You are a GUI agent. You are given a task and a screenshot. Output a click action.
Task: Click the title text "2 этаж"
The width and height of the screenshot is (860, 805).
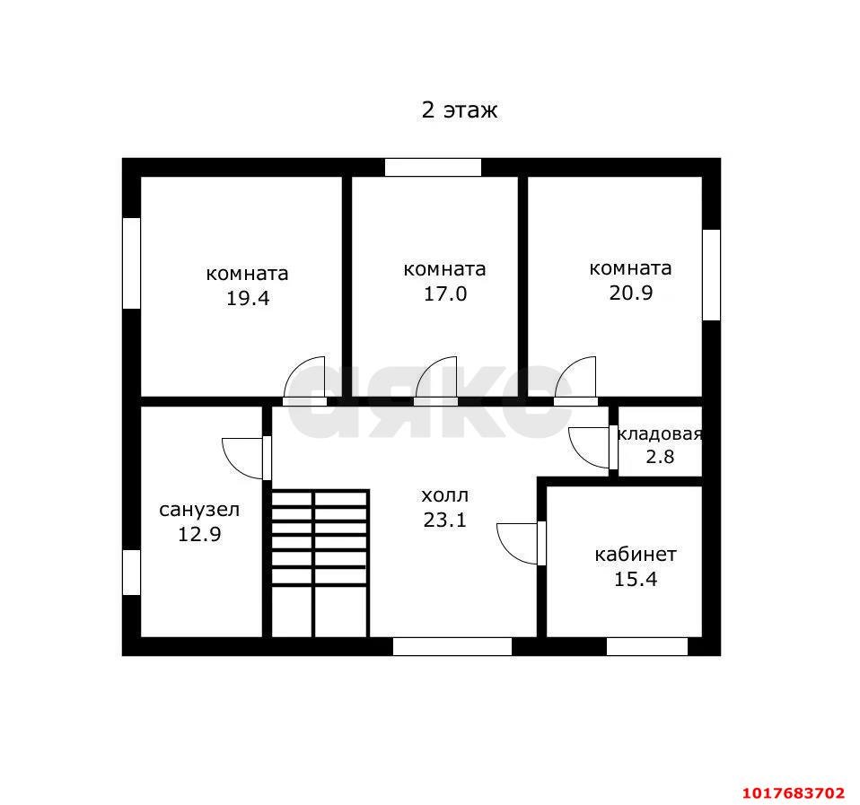pyautogui.click(x=459, y=110)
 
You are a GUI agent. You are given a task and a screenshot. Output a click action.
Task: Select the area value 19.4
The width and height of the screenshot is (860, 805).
pyautogui.click(x=248, y=298)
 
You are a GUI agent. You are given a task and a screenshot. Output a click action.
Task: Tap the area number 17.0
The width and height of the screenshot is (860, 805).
pyautogui.click(x=444, y=294)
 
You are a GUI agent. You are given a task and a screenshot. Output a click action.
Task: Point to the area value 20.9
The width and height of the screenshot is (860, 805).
pyautogui.click(x=631, y=293)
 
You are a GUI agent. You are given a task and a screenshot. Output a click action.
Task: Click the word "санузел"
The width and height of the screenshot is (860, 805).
pyautogui.click(x=199, y=510)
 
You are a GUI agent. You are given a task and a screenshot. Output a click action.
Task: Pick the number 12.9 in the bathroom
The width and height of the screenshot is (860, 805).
pyautogui.click(x=199, y=534)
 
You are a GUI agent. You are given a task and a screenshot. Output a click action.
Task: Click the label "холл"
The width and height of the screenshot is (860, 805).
pyautogui.click(x=444, y=495)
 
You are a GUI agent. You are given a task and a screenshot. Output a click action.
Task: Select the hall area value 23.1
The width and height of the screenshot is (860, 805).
pyautogui.click(x=444, y=520)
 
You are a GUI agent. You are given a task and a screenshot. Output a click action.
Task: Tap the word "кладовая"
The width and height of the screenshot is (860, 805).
pyautogui.click(x=660, y=433)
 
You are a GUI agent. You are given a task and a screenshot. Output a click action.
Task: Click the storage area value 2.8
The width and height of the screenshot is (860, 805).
pyautogui.click(x=660, y=456)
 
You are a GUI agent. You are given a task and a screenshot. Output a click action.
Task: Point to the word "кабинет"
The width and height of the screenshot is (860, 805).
pyautogui.click(x=636, y=555)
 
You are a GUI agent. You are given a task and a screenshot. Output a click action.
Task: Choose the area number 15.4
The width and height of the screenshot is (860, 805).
pyautogui.click(x=636, y=579)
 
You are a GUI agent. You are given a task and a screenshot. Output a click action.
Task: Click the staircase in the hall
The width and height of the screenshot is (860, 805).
pyautogui.click(x=320, y=564)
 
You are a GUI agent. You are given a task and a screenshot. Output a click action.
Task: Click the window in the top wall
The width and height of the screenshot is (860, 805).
pyautogui.click(x=433, y=167)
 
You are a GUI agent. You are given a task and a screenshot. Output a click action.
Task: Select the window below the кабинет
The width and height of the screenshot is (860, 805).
pyautogui.click(x=646, y=646)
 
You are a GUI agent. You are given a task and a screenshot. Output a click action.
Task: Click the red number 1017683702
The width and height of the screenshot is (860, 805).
pyautogui.click(x=794, y=793)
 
